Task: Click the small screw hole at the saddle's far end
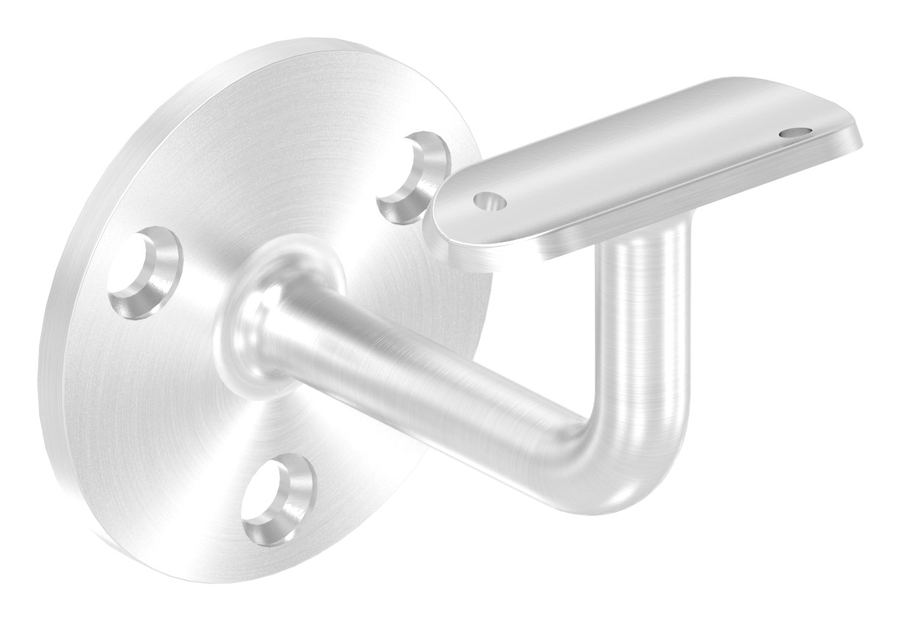tap(794, 133)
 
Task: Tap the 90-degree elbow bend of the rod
tap(633, 471)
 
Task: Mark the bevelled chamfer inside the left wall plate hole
tap(165, 276)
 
